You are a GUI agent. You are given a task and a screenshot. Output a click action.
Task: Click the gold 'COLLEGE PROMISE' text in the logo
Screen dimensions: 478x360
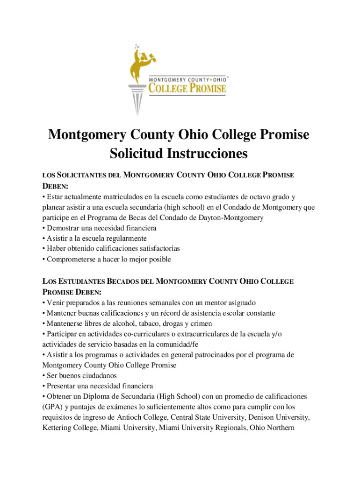pos(187,88)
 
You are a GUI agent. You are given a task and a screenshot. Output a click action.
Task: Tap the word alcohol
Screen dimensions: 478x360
pos(120,323)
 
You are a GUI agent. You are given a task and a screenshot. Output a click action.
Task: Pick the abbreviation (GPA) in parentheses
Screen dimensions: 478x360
pos(51,407)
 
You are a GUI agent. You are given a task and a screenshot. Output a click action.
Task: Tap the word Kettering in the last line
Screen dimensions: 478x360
pos(58,427)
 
